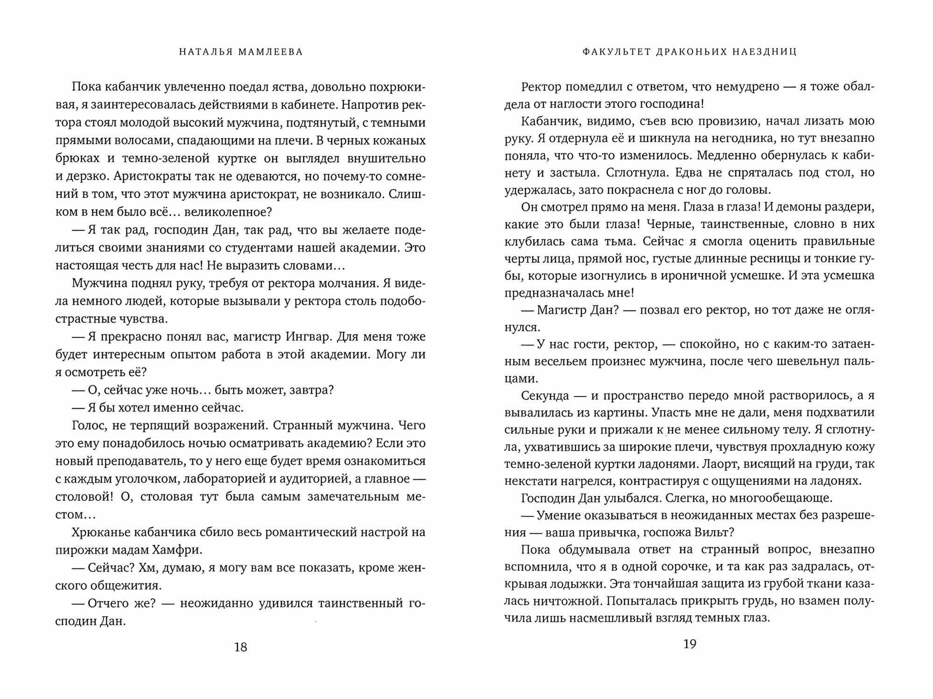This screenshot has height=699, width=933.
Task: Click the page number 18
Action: point(240,647)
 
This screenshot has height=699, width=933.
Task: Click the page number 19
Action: point(689,644)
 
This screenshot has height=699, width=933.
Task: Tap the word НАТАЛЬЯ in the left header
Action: point(202,52)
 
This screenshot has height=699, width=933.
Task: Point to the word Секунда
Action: point(545,395)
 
